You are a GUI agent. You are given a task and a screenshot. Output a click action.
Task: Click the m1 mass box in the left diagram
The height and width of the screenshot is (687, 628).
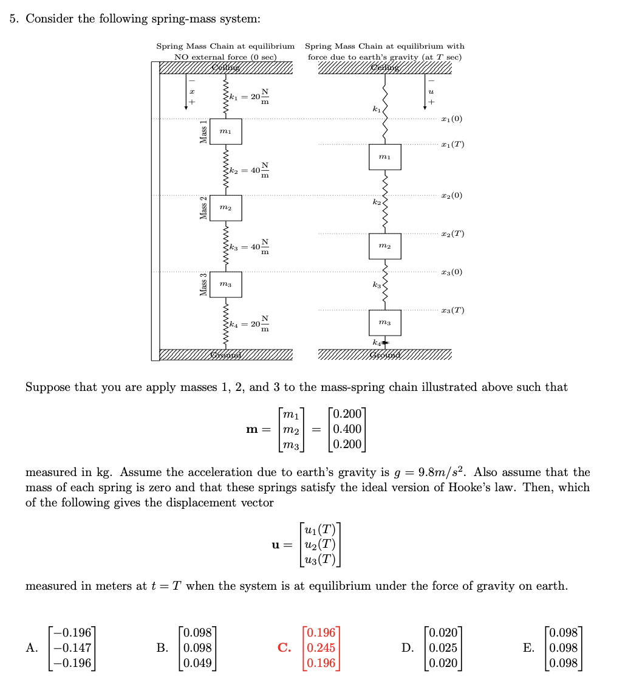pyautogui.click(x=225, y=131)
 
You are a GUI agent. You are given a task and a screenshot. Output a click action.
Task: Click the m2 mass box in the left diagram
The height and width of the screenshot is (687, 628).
pyautogui.click(x=225, y=208)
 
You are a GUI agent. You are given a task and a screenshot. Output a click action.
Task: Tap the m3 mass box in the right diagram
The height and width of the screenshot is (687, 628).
pyautogui.click(x=384, y=322)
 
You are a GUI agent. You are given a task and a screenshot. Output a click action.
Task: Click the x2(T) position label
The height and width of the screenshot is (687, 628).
pyautogui.click(x=452, y=234)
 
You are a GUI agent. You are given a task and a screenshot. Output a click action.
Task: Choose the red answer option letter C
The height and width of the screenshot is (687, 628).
pyautogui.click(x=284, y=648)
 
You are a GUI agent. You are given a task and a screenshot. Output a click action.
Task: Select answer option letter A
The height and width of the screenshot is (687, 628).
pyautogui.click(x=31, y=648)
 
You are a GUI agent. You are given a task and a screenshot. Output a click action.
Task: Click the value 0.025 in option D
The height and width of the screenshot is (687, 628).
pyautogui.click(x=443, y=648)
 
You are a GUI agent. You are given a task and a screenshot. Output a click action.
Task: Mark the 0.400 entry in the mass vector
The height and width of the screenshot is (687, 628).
pyautogui.click(x=347, y=429)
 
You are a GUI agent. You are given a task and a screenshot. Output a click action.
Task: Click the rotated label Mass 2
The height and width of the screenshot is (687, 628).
pyautogui.click(x=205, y=209)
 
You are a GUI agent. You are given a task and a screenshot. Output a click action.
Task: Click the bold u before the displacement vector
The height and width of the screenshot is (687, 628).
pyautogui.click(x=276, y=545)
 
